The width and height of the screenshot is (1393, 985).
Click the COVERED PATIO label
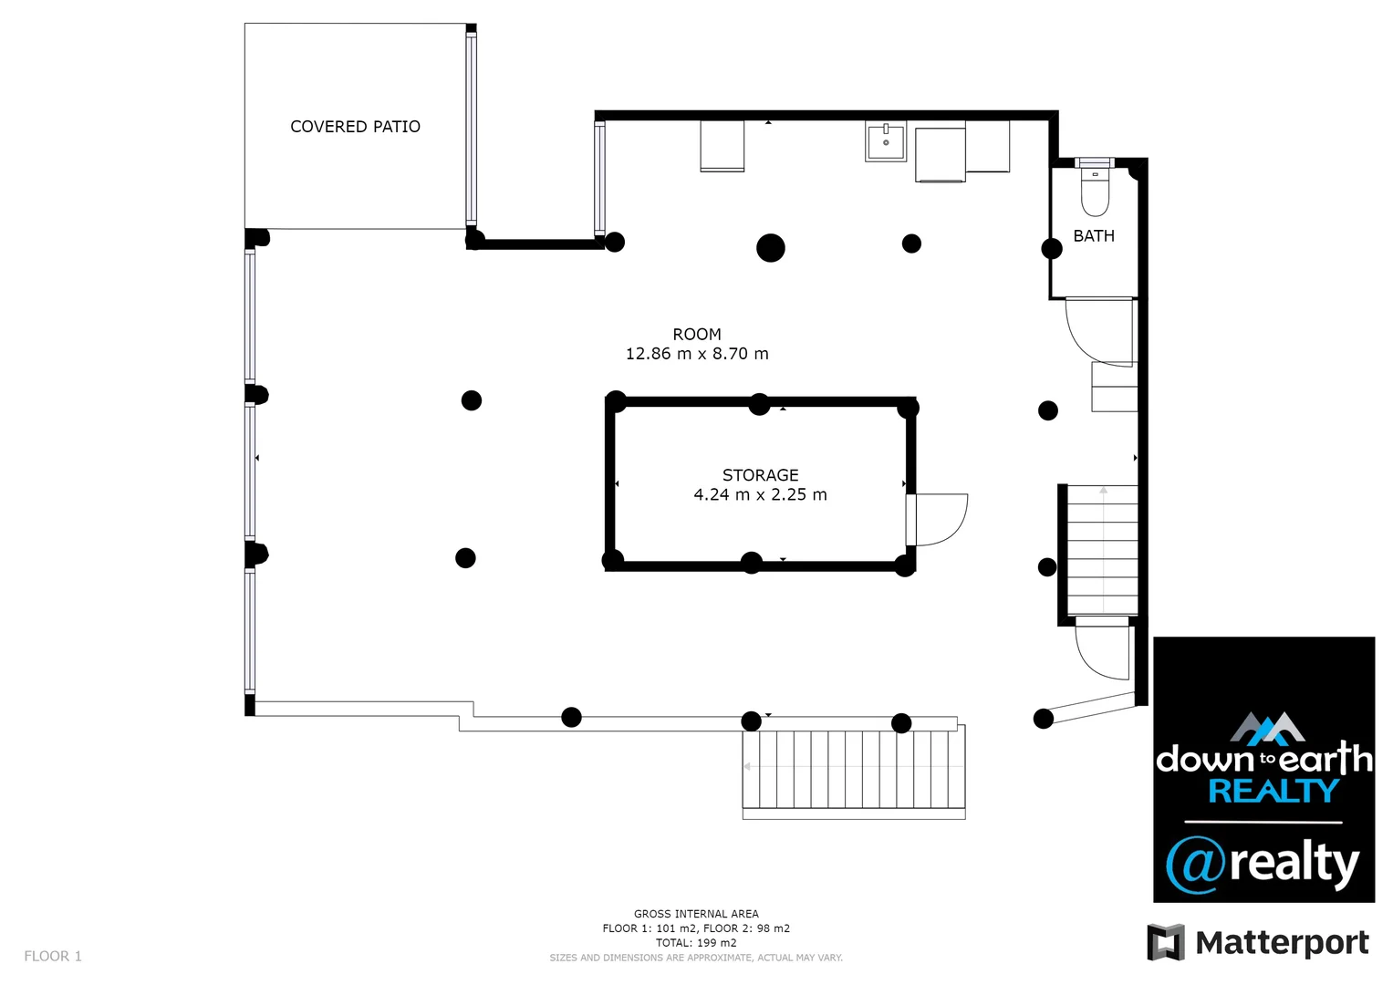point(355,127)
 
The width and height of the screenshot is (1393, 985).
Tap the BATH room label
point(1093,236)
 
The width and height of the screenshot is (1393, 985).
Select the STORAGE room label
point(760,475)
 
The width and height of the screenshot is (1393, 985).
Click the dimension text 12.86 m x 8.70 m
point(697,354)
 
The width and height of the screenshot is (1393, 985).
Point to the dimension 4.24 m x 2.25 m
point(760,495)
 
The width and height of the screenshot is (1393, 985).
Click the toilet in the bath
point(1094,194)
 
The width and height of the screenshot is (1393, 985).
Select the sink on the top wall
point(885,143)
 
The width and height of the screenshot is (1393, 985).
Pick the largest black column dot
point(771,247)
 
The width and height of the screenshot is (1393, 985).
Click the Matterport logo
point(1258,942)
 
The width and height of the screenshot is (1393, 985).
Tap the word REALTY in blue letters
point(1273,791)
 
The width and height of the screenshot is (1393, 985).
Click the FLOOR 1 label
point(53,956)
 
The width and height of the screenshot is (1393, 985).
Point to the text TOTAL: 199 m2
point(696,943)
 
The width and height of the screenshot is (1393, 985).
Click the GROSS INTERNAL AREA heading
point(696,914)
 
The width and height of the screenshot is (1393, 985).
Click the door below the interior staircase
point(1102,649)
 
